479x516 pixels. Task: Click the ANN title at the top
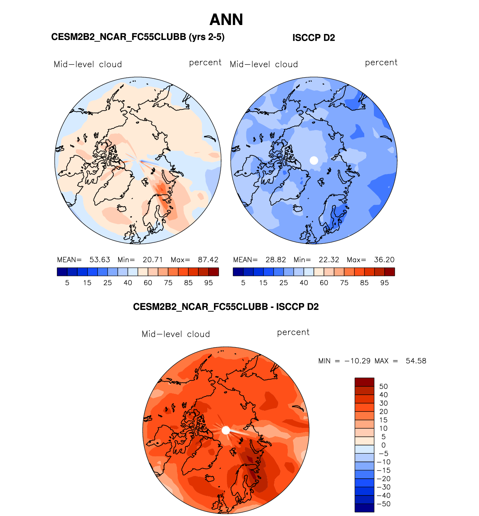(x=226, y=20)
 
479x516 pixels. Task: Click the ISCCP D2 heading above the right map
(x=313, y=38)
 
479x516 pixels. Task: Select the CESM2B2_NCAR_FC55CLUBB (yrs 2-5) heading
(x=138, y=37)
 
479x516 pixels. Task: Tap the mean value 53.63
(x=100, y=260)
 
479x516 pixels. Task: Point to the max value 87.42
(x=208, y=260)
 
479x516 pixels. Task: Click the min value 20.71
(x=152, y=260)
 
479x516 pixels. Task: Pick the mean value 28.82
(x=275, y=260)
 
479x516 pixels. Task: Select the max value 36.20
(x=384, y=260)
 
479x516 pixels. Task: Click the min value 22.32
(x=328, y=260)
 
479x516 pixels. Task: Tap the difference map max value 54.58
(x=416, y=361)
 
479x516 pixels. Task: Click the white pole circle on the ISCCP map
(x=314, y=160)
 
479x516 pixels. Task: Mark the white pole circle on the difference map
(x=226, y=430)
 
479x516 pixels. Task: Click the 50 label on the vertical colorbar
(x=384, y=386)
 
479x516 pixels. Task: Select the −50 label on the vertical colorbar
(x=384, y=504)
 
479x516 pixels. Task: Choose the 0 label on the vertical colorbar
(x=384, y=445)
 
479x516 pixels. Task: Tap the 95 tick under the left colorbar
(x=208, y=283)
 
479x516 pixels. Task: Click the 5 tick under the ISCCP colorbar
(x=243, y=283)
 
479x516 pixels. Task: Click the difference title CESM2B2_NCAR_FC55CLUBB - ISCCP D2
(x=226, y=307)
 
